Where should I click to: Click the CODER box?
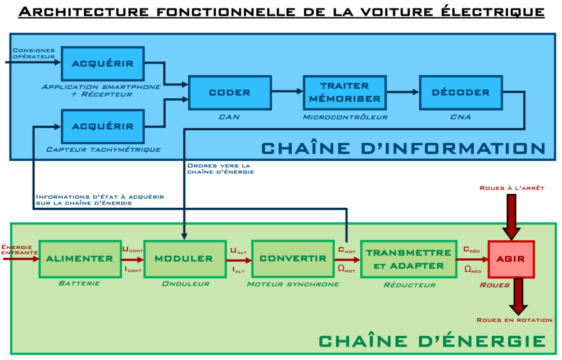click(230, 93)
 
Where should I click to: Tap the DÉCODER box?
click(460, 93)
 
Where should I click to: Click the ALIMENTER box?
click(80, 259)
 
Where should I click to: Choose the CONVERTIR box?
click(293, 259)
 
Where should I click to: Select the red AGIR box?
click(511, 259)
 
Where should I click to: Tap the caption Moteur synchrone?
click(293, 284)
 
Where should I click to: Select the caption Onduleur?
click(185, 284)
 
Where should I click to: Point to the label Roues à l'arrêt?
click(511, 188)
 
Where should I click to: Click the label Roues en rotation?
click(514, 320)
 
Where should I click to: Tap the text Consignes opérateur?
click(34, 53)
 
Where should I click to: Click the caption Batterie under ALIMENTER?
click(79, 284)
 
